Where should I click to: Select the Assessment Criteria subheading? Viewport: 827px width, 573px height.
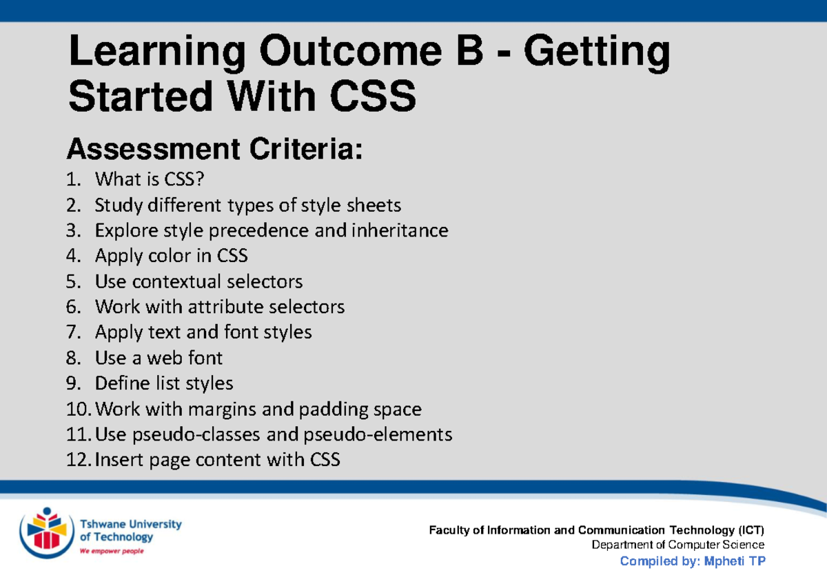tap(214, 148)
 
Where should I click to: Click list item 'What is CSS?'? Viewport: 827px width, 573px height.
tap(150, 180)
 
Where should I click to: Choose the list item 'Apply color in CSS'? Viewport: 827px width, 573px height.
tap(171, 256)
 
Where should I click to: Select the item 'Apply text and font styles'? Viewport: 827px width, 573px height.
tap(203, 332)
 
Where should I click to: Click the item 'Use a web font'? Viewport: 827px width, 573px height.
tap(159, 358)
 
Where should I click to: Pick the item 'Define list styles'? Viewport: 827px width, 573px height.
tap(164, 383)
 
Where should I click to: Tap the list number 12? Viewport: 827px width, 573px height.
tap(77, 460)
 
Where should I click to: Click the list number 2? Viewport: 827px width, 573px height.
tap(72, 205)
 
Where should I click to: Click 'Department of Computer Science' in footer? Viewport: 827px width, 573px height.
tap(678, 545)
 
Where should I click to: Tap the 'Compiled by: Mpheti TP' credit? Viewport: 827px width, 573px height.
tap(693, 561)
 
